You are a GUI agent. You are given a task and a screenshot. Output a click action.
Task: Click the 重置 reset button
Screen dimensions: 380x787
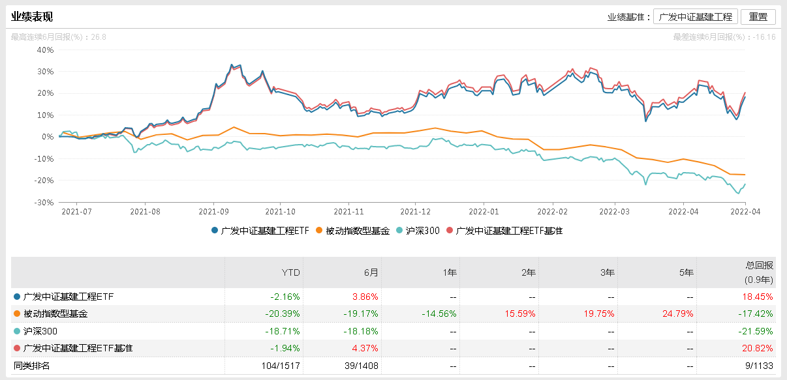758,17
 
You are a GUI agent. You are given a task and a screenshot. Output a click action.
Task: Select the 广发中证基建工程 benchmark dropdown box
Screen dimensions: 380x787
696,17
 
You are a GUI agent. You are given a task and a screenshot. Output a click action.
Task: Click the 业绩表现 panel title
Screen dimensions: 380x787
32,17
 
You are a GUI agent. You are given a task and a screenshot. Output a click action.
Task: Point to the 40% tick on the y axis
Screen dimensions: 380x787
46,50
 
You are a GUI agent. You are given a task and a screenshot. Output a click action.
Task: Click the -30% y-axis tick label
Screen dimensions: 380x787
44,203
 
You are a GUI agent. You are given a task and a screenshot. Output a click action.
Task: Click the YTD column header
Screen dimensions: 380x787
290,273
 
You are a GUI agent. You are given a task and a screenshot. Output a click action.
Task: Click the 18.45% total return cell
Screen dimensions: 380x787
759,297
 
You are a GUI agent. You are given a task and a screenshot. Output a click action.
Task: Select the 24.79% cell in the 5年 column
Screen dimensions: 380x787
680,314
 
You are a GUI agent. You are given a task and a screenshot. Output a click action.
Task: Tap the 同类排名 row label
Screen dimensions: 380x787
32,366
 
